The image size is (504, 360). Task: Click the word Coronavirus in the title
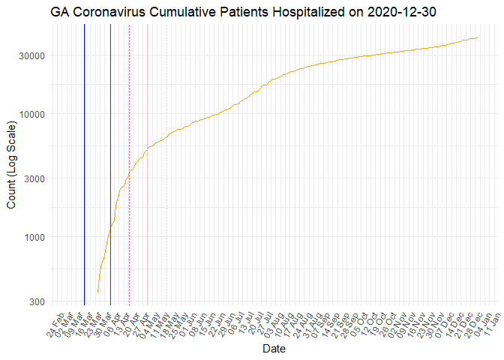pos(112,12)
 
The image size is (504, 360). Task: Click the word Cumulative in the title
pos(187,12)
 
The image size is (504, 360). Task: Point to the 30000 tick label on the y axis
pos(33,55)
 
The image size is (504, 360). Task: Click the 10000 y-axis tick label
pos(33,114)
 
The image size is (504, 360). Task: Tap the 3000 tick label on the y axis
pos(36,178)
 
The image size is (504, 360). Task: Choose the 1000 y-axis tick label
pos(36,237)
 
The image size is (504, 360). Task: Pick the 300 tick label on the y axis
pos(39,301)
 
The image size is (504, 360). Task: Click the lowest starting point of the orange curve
pos(97,292)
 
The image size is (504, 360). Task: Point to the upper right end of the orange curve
pos(478,37)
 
